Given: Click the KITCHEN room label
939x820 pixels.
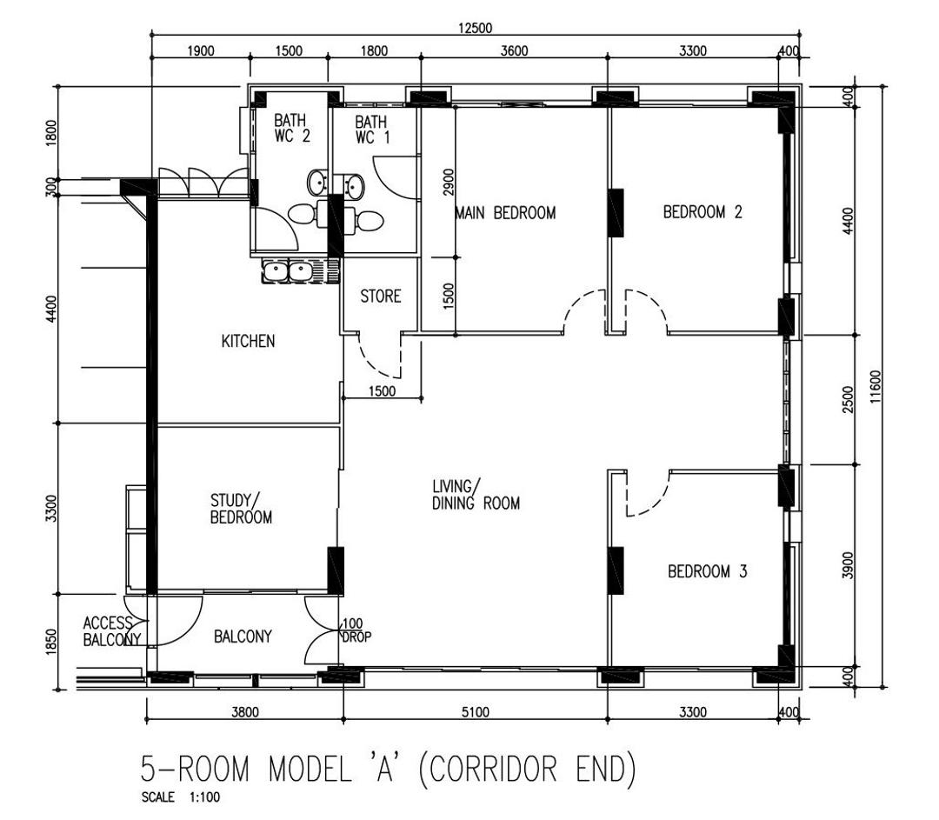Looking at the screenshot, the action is point(248,341).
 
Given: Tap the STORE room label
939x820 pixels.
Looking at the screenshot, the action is point(380,296).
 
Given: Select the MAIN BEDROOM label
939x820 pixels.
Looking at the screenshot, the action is point(506,213).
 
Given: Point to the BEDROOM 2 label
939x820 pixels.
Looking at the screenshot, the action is point(703,212).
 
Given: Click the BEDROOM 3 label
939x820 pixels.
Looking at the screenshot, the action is point(707,571).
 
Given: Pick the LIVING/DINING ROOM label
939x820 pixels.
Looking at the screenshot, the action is point(476,495).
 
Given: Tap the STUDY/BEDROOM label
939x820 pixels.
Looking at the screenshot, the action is point(241,509).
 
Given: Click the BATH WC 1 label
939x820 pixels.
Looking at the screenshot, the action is point(372,130).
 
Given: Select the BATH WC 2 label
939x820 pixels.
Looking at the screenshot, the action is point(291,128).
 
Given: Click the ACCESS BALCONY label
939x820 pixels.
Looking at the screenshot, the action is point(112,631).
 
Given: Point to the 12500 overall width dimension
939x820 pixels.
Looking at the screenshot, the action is point(475,28).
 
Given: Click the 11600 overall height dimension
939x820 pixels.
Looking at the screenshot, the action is point(876,386).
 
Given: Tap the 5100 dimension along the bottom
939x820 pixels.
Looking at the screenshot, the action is point(476,712).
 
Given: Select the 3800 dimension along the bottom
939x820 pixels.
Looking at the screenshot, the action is point(245,712).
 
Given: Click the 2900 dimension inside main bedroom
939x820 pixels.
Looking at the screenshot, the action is point(449,182).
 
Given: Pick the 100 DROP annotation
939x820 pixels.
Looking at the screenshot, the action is point(356,630).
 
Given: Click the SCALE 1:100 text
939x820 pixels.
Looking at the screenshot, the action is point(180,797).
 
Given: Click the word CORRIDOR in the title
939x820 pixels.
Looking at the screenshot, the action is point(490,769).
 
